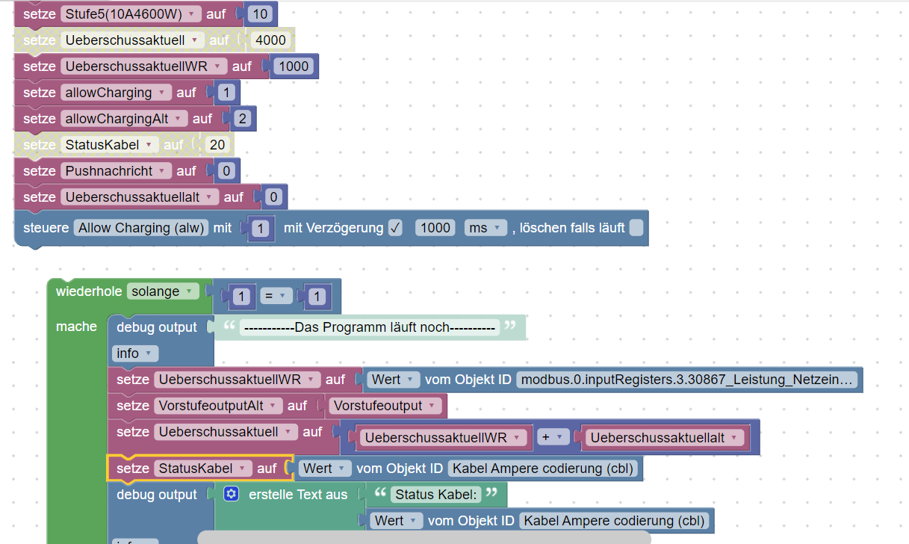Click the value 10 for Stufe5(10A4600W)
click(x=261, y=14)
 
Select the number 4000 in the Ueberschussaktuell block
click(x=270, y=40)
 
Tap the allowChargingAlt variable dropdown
click(x=125, y=119)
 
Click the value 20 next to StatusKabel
click(x=217, y=145)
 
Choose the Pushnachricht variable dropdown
click(x=117, y=171)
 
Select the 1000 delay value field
click(x=435, y=228)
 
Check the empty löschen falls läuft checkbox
click(x=636, y=228)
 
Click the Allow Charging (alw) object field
click(x=141, y=228)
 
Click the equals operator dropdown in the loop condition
click(x=275, y=297)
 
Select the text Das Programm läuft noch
click(x=370, y=327)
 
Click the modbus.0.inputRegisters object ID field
click(x=686, y=380)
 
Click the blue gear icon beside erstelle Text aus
click(x=231, y=494)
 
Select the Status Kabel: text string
click(x=437, y=494)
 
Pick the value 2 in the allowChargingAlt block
click(x=241, y=119)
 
